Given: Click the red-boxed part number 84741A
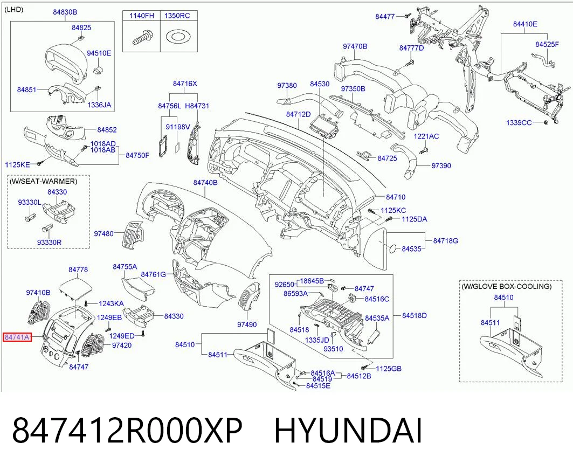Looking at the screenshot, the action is point(17,337).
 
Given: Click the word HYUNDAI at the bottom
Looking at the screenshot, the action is point(348,431).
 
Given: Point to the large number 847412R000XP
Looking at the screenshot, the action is point(127,431).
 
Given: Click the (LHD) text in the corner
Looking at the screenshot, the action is point(14,10).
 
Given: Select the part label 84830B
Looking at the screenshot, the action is point(65,12).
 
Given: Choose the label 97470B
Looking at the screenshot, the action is point(355,46).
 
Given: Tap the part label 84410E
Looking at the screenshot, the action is point(525,24).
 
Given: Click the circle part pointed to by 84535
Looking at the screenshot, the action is point(392,248).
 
